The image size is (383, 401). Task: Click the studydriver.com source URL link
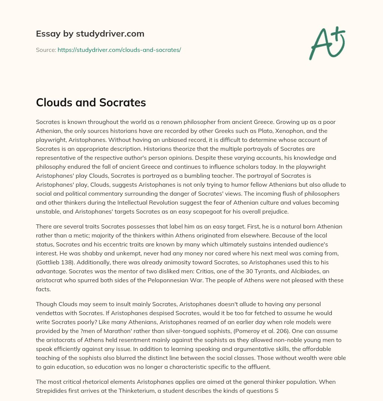tap(119, 50)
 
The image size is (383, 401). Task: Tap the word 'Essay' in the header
tap(46, 34)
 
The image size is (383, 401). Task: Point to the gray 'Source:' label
tap(46, 50)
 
